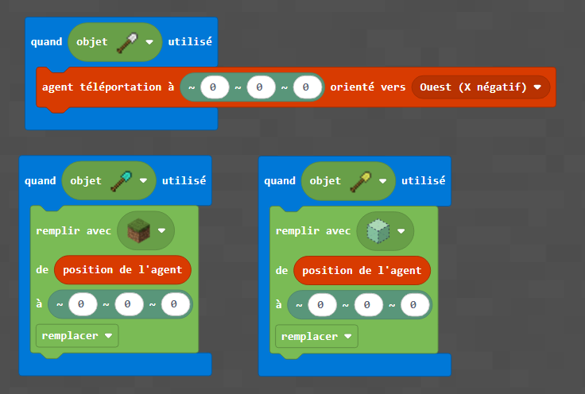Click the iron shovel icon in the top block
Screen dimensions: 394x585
click(127, 41)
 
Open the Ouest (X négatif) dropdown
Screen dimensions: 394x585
click(481, 87)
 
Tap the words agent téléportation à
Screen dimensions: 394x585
click(108, 87)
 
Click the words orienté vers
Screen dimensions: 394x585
click(368, 87)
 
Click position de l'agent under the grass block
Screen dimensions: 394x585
click(122, 270)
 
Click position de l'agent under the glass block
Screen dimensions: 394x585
click(362, 270)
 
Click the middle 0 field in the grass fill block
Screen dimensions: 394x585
click(128, 303)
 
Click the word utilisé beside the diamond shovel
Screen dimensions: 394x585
click(184, 180)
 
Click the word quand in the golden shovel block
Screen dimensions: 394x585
click(280, 180)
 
